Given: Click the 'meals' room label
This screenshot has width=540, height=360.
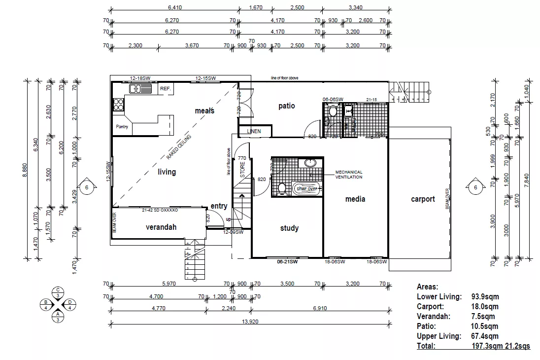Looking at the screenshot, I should pyautogui.click(x=204, y=110).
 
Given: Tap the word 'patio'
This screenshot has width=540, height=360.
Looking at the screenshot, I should pyautogui.click(x=286, y=106).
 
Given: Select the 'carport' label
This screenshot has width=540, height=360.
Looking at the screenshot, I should pyautogui.click(x=423, y=199).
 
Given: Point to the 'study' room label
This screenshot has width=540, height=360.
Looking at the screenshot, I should pyautogui.click(x=289, y=228).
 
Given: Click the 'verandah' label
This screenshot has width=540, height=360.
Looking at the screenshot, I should pyautogui.click(x=161, y=227).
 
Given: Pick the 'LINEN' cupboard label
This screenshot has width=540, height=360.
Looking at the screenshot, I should pyautogui.click(x=254, y=132).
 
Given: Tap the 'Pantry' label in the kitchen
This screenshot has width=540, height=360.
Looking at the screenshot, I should pyautogui.click(x=122, y=127).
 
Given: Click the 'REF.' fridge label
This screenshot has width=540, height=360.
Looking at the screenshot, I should pyautogui.click(x=165, y=89).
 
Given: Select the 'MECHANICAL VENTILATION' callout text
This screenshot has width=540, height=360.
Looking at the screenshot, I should pyautogui.click(x=349, y=175).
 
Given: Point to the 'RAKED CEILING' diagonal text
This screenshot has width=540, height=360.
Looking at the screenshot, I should pyautogui.click(x=179, y=146).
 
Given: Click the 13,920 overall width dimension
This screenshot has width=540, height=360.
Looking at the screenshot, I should pyautogui.click(x=251, y=321).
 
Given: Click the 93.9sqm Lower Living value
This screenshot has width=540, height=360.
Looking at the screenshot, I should pyautogui.click(x=484, y=297).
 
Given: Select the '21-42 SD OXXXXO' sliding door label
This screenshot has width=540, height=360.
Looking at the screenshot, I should pyautogui.click(x=160, y=210).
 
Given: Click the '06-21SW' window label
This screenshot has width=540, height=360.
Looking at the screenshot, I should pyautogui.click(x=287, y=262).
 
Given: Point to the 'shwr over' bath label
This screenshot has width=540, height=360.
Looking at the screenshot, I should pyautogui.click(x=306, y=188).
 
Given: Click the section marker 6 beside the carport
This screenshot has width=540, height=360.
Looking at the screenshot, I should pyautogui.click(x=475, y=187).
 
